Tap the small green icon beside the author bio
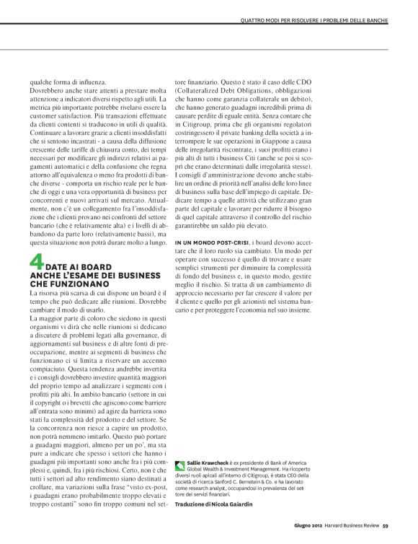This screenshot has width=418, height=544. click(x=179, y=465)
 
